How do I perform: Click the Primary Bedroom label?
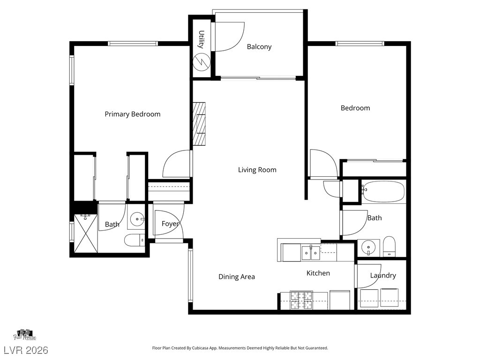133,114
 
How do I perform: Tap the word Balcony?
259,47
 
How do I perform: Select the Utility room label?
201,39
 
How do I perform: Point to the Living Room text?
257,170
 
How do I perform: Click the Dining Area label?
237,277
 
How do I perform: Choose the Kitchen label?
318,273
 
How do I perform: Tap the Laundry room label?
383,276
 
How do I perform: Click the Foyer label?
170,224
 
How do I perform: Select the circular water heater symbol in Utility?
202,61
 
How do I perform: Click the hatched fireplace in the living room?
199,124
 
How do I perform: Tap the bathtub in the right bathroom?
383,192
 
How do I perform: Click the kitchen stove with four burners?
301,300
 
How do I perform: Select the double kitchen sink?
311,253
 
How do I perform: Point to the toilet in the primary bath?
135,240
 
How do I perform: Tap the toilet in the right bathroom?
390,246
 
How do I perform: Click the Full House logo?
25,335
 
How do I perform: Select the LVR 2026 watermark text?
26,350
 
